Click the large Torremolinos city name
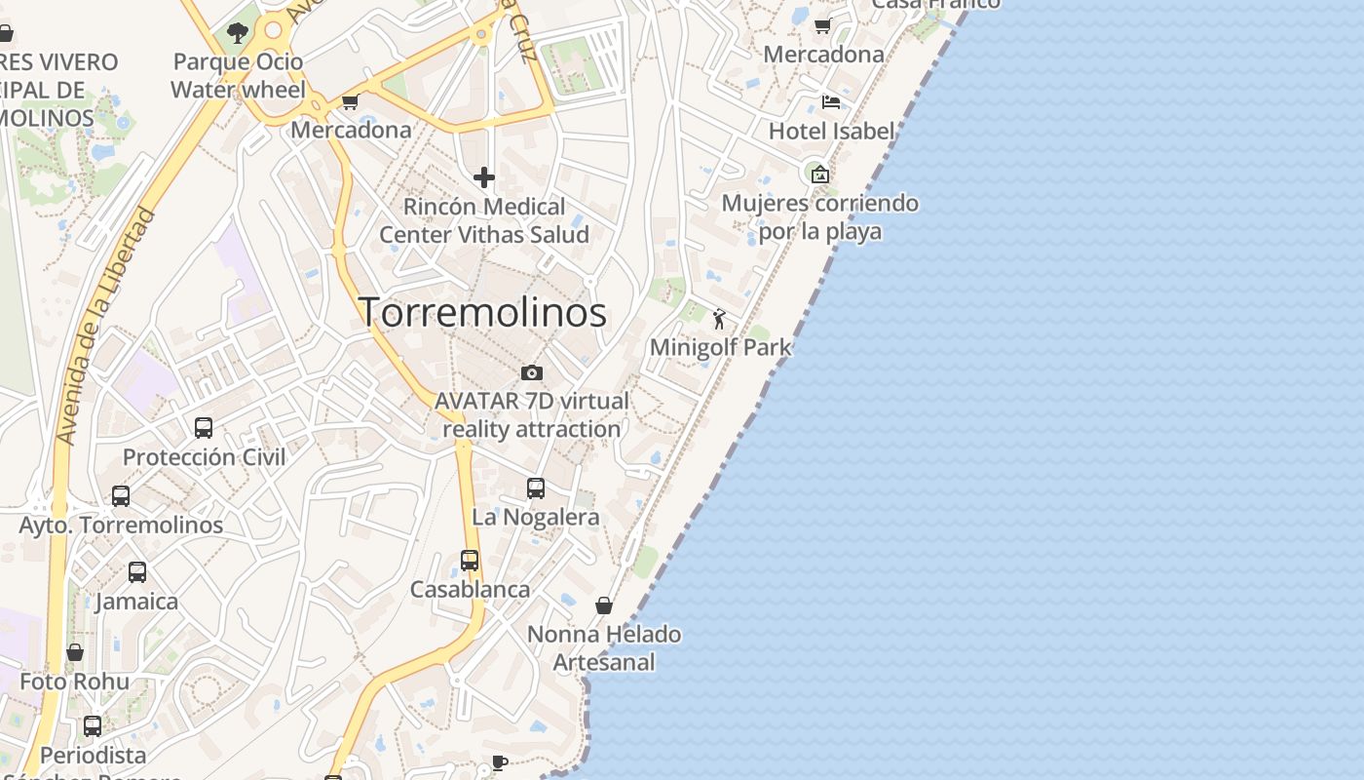pyautogui.click(x=483, y=312)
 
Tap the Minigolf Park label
pyautogui.click(x=720, y=347)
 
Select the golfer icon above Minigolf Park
pyautogui.click(x=720, y=319)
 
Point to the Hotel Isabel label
pyautogui.click(x=831, y=131)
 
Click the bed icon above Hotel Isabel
pyautogui.click(x=831, y=101)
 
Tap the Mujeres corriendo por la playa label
pyautogui.click(x=820, y=217)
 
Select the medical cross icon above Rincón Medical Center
pyautogui.click(x=484, y=177)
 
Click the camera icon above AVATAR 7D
pyautogui.click(x=531, y=372)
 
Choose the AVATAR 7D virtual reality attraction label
pyautogui.click(x=532, y=414)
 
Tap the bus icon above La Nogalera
pyautogui.click(x=536, y=488)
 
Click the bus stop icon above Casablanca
pyautogui.click(x=470, y=561)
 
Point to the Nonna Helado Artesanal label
pyautogui.click(x=604, y=648)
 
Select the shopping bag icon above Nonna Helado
pyautogui.click(x=604, y=605)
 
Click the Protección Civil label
pyautogui.click(x=205, y=457)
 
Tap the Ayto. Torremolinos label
pyautogui.click(x=122, y=525)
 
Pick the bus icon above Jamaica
pyautogui.click(x=137, y=572)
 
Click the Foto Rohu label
pyautogui.click(x=75, y=681)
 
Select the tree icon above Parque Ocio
pyautogui.click(x=238, y=33)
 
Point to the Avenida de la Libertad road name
pyautogui.click(x=106, y=327)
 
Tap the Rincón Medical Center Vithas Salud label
pyautogui.click(x=484, y=220)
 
